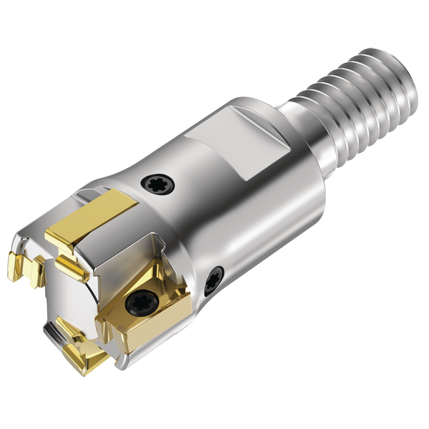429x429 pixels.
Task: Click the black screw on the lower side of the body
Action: click(x=213, y=281)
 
